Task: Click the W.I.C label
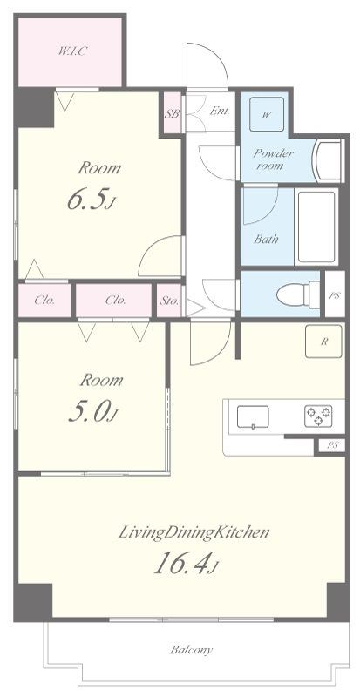[71, 51]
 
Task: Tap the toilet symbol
[298, 294]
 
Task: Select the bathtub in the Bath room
[316, 227]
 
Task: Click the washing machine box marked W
[267, 114]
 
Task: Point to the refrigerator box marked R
[323, 342]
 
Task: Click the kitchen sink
[253, 417]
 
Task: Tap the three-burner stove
[319, 416]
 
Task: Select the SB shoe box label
[173, 113]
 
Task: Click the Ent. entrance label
[220, 111]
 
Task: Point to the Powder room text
[273, 159]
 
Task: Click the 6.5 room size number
[92, 200]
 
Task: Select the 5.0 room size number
[92, 412]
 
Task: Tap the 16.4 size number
[186, 564]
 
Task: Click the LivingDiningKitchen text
[194, 532]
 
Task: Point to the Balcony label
[192, 650]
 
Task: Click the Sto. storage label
[169, 301]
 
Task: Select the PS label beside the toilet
[335, 295]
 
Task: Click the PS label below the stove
[332, 446]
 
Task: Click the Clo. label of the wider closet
[116, 300]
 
